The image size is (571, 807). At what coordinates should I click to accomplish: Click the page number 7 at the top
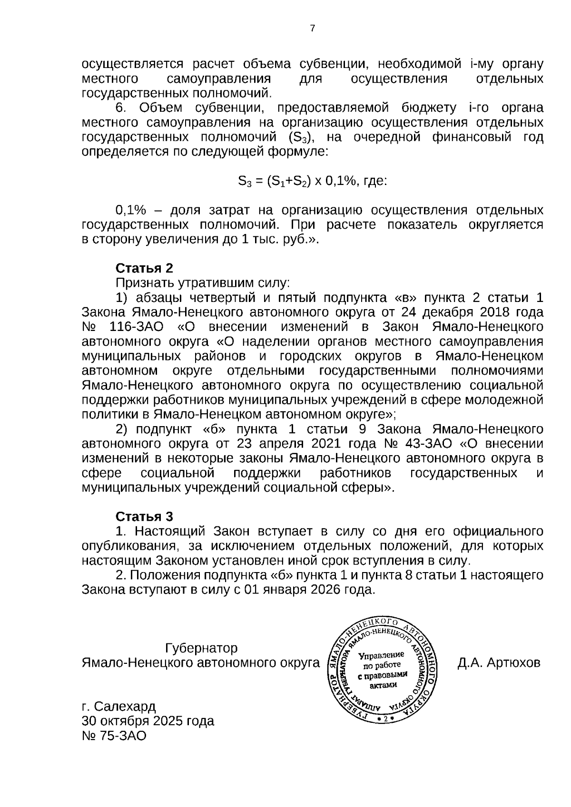tap(313, 29)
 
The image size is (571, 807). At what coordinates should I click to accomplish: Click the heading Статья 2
tap(144, 268)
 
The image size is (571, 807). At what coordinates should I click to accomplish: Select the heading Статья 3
tap(144, 516)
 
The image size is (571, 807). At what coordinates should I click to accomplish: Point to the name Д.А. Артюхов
tap(499, 662)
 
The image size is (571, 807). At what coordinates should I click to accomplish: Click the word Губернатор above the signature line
tap(201, 648)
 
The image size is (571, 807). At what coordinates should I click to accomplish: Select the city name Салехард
tap(125, 706)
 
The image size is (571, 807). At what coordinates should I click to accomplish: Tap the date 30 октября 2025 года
tap(148, 721)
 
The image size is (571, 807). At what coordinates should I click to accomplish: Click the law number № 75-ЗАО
tap(114, 736)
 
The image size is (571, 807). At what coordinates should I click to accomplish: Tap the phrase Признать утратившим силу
tap(203, 283)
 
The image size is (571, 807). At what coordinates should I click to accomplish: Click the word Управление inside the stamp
tap(381, 655)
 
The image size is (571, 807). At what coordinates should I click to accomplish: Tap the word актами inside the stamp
tap(383, 685)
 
